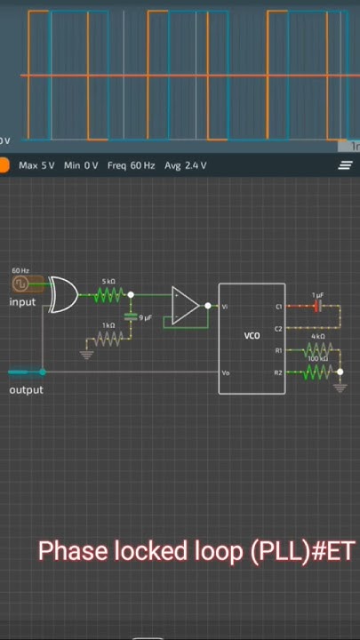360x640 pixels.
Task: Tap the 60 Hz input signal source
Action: coord(20,284)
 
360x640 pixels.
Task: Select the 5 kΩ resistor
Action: coord(108,294)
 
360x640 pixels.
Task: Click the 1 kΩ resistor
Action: coord(108,339)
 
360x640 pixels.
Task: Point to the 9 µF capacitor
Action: coord(132,317)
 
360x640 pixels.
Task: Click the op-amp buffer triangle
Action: coord(185,306)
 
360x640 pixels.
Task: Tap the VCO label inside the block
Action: coord(252,336)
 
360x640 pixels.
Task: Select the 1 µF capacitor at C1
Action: coord(316,306)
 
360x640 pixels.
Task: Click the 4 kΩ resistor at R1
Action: coord(317,350)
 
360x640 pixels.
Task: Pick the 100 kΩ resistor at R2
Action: coord(317,372)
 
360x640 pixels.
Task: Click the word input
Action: coord(22,302)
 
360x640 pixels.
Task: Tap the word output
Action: coord(26,390)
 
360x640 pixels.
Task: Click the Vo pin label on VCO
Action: coord(226,372)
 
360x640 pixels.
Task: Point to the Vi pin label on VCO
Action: coord(225,307)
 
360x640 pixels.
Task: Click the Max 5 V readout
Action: coord(36,165)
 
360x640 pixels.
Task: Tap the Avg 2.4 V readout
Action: coord(186,165)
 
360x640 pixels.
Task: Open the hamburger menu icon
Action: coord(345,165)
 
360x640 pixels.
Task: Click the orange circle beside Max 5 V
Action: coord(4,165)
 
